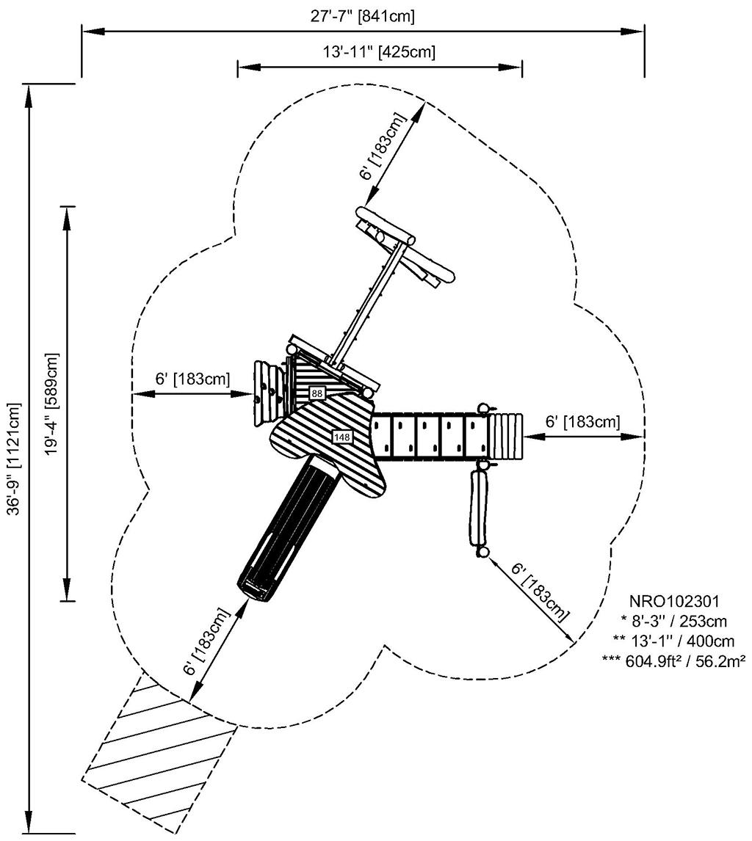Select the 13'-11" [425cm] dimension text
(379, 52)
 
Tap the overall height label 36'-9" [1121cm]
(14, 459)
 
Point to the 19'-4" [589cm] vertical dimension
(51, 404)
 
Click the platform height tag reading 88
(317, 393)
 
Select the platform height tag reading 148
(342, 437)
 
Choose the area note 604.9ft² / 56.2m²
(673, 659)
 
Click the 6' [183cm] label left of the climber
(192, 379)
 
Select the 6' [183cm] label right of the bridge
(582, 422)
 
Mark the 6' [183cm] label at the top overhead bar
(383, 147)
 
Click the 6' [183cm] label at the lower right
(540, 591)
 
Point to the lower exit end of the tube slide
(253, 587)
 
